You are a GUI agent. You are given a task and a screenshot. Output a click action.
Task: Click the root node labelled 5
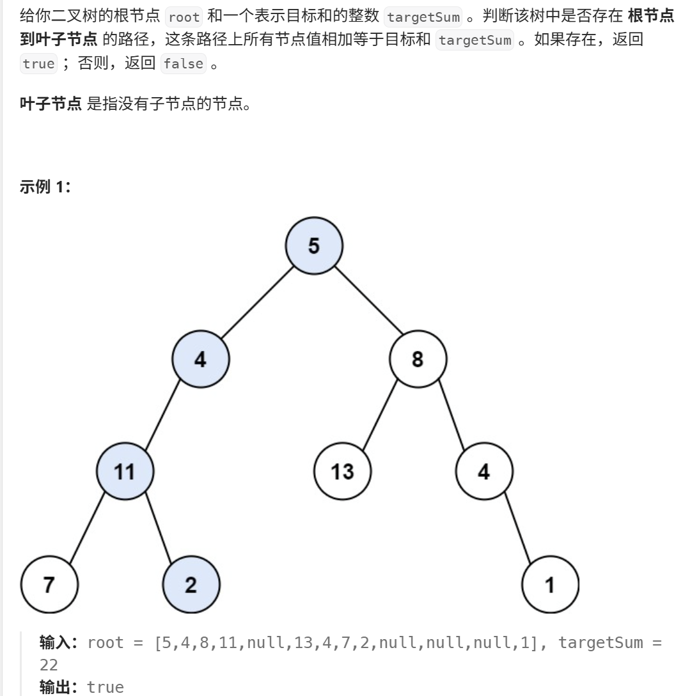pyautogui.click(x=314, y=245)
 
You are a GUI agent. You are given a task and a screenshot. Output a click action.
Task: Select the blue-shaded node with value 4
pyautogui.click(x=200, y=359)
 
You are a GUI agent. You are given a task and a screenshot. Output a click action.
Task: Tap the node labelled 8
pyautogui.click(x=418, y=359)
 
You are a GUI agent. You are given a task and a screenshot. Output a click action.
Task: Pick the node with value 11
pyautogui.click(x=125, y=472)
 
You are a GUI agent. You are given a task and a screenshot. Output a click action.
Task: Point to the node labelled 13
pyautogui.click(x=343, y=472)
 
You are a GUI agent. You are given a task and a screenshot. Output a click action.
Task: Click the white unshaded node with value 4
pyautogui.click(x=483, y=472)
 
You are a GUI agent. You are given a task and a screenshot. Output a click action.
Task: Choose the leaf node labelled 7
pyautogui.click(x=49, y=585)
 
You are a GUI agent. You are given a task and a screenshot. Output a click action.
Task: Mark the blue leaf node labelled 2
pyautogui.click(x=191, y=585)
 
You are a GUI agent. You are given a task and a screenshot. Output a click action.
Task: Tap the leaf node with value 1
pyautogui.click(x=550, y=585)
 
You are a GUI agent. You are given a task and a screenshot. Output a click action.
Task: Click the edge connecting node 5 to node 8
pyautogui.click(x=368, y=300)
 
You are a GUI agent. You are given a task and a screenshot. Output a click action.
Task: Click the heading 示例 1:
pyautogui.click(x=45, y=188)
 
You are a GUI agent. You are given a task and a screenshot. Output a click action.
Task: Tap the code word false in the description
pyautogui.click(x=183, y=64)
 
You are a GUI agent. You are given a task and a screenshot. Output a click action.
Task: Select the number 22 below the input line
pyautogui.click(x=49, y=665)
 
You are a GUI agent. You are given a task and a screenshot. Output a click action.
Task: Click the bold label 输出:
pyautogui.click(x=60, y=687)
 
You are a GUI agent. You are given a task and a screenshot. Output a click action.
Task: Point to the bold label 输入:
pyautogui.click(x=60, y=642)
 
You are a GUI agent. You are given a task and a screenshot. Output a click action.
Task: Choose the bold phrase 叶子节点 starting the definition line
pyautogui.click(x=51, y=104)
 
